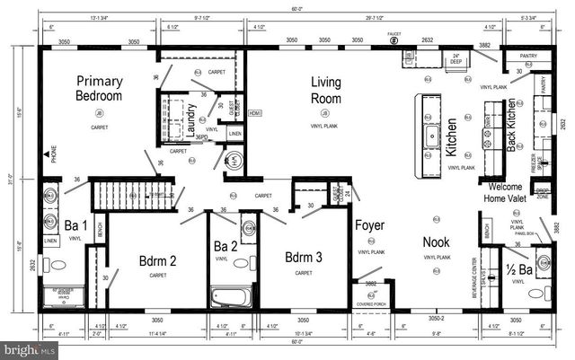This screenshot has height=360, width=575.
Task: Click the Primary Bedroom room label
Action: tap(99, 88)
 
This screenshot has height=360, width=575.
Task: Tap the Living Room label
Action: tap(325, 91)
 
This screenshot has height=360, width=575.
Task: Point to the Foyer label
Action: tap(368, 225)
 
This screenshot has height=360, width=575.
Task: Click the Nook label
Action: tap(437, 241)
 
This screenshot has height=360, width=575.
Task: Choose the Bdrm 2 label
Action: tap(157, 261)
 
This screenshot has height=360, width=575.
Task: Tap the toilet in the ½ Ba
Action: tap(536, 294)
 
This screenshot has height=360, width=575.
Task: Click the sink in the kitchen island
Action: tap(431, 137)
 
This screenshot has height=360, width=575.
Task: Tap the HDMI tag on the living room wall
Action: tap(254, 113)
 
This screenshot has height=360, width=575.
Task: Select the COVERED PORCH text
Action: tap(372, 303)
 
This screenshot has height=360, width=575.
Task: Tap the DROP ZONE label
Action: tap(543, 192)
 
